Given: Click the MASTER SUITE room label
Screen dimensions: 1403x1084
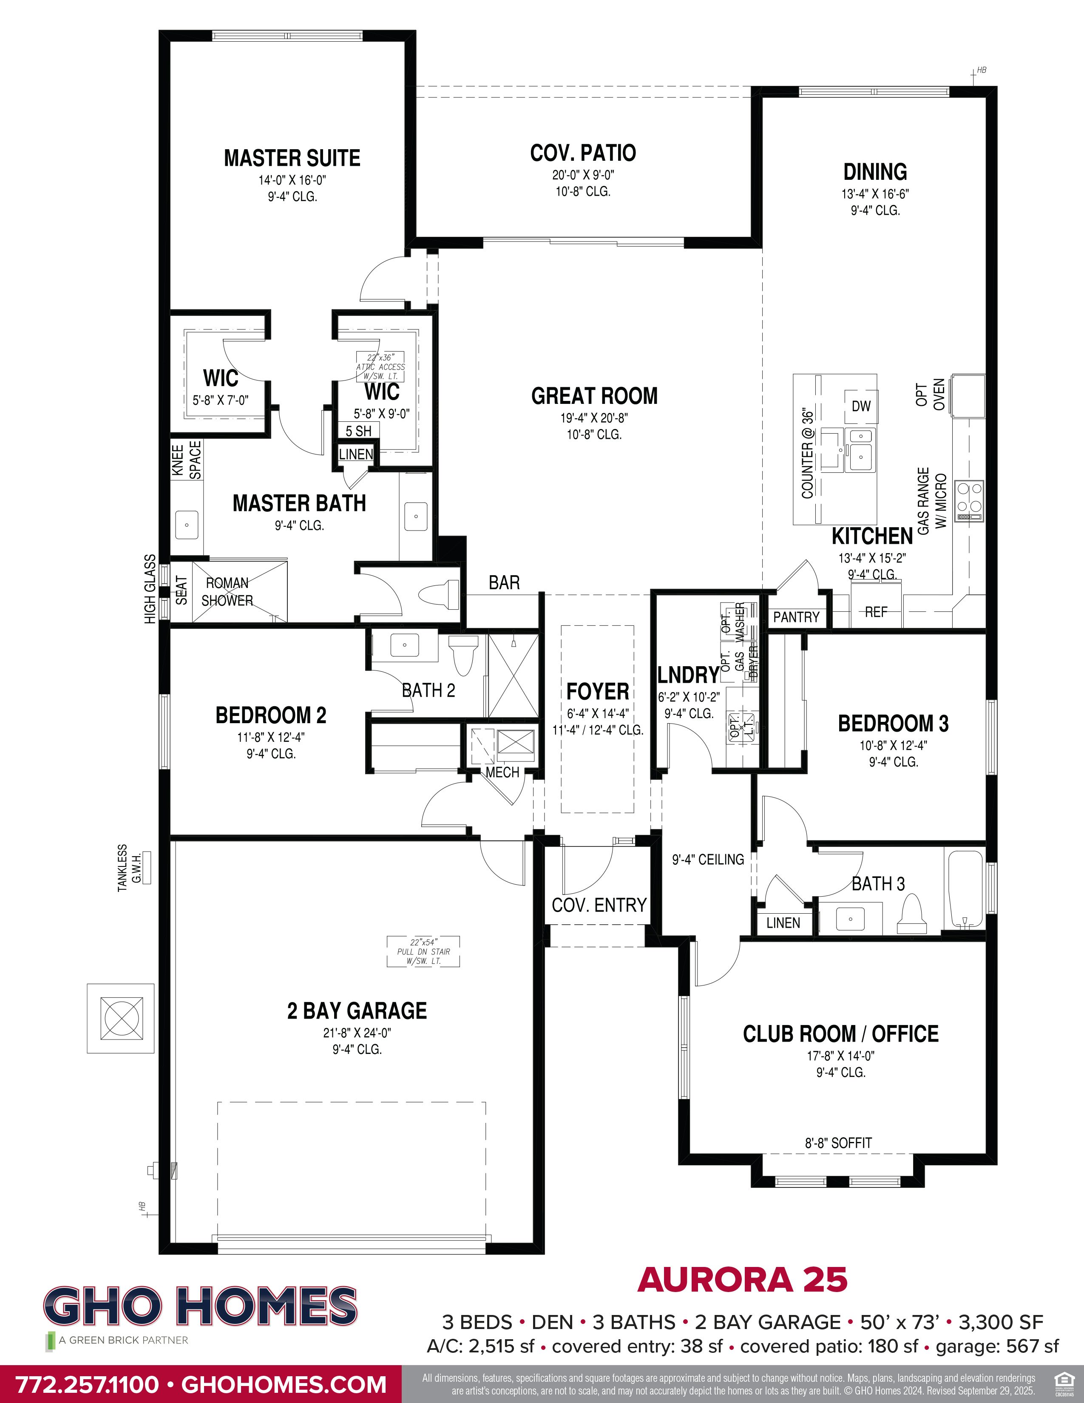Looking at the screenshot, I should tap(292, 158).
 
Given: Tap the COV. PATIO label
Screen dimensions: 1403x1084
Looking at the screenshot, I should tap(582, 153).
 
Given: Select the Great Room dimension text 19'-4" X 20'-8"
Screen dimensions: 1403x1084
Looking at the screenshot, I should tap(594, 417).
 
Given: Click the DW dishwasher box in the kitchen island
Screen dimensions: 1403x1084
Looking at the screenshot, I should tap(860, 406).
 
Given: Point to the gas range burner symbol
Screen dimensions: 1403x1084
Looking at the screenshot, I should tap(968, 500).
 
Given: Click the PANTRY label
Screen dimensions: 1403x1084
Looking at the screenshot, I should tap(796, 617).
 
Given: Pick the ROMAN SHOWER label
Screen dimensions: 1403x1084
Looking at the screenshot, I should tap(227, 592).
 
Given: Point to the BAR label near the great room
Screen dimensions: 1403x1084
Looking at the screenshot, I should tap(504, 582).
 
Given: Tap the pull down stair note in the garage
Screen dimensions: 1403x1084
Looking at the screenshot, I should tap(424, 951).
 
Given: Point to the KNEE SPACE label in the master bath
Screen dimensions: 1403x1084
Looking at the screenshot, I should tap(186, 460).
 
